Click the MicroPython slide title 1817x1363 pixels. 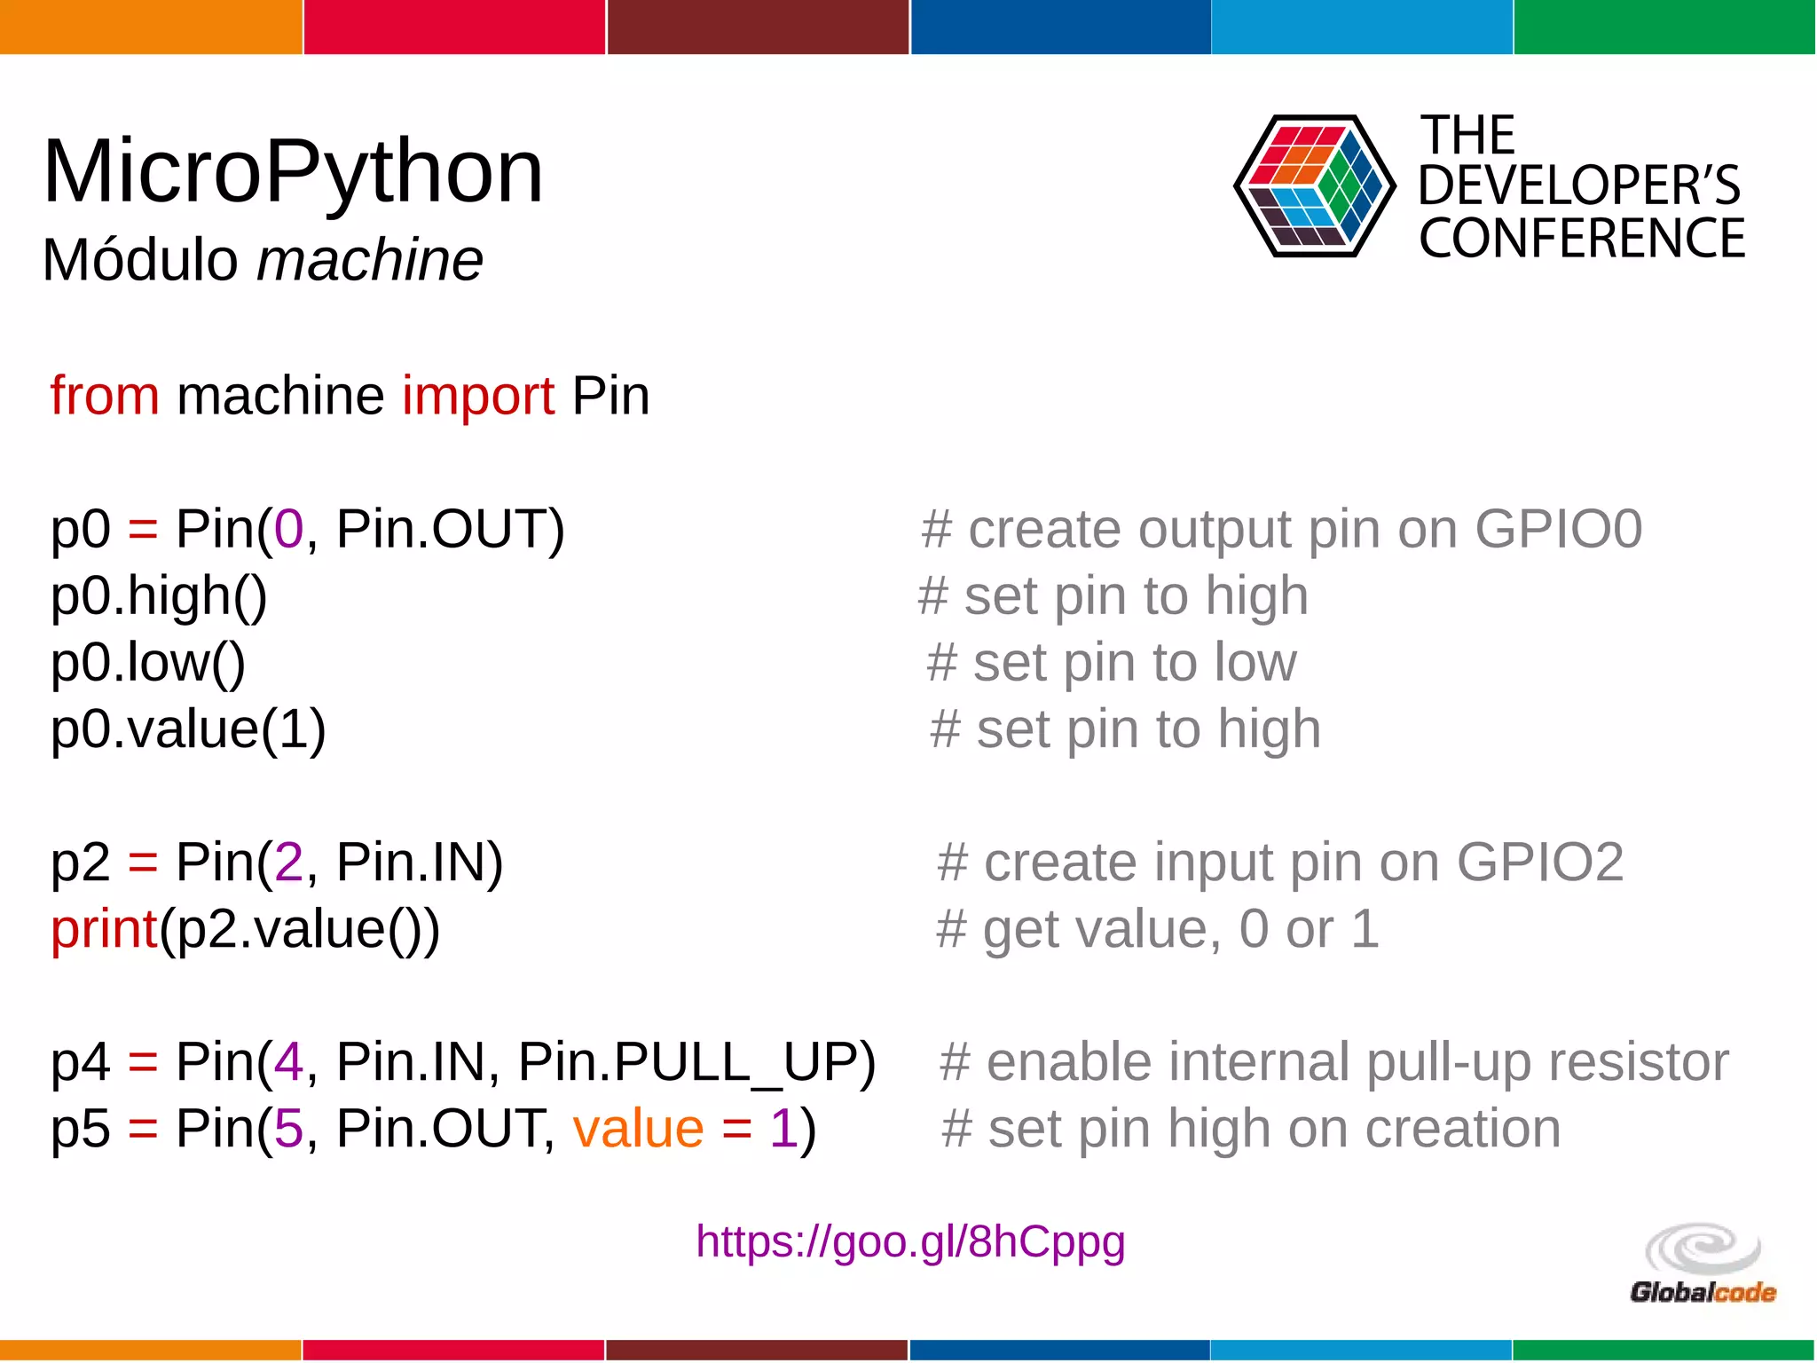(293, 173)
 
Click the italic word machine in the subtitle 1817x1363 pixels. (370, 261)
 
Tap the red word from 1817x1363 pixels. (105, 396)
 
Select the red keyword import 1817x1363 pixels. (478, 396)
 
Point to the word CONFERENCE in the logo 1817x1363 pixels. (1581, 240)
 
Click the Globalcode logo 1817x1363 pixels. (1703, 1265)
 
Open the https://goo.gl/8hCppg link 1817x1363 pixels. (910, 1242)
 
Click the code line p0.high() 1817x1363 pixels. (159, 595)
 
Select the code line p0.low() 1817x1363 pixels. (148, 662)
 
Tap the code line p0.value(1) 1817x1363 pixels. (188, 729)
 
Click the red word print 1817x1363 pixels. (104, 930)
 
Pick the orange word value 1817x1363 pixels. (638, 1130)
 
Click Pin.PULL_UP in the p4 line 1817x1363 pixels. (696, 1062)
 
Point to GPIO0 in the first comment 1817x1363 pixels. (1558, 530)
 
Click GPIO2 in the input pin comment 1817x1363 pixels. (1539, 863)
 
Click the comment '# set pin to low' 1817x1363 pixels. (1111, 663)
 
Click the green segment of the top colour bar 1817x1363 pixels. (1664, 27)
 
